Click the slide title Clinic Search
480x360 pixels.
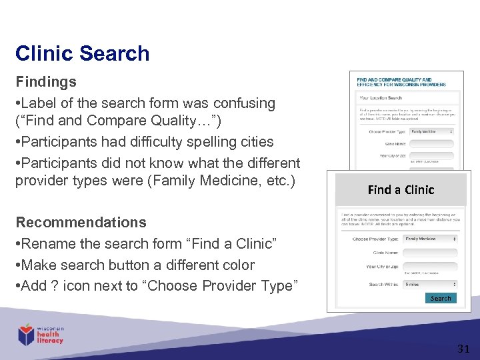click(x=82, y=53)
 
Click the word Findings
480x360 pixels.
click(x=45, y=82)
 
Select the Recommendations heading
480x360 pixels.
click(x=81, y=222)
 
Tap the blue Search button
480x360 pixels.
click(x=440, y=298)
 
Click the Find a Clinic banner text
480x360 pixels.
click(x=401, y=190)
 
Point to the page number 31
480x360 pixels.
click(x=463, y=348)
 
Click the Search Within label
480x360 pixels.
click(x=385, y=285)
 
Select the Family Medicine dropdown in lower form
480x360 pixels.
click(x=431, y=239)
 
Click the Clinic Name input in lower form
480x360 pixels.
click(x=431, y=253)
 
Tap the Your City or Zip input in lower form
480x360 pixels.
click(x=431, y=267)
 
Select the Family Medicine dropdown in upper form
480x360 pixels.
click(x=431, y=131)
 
